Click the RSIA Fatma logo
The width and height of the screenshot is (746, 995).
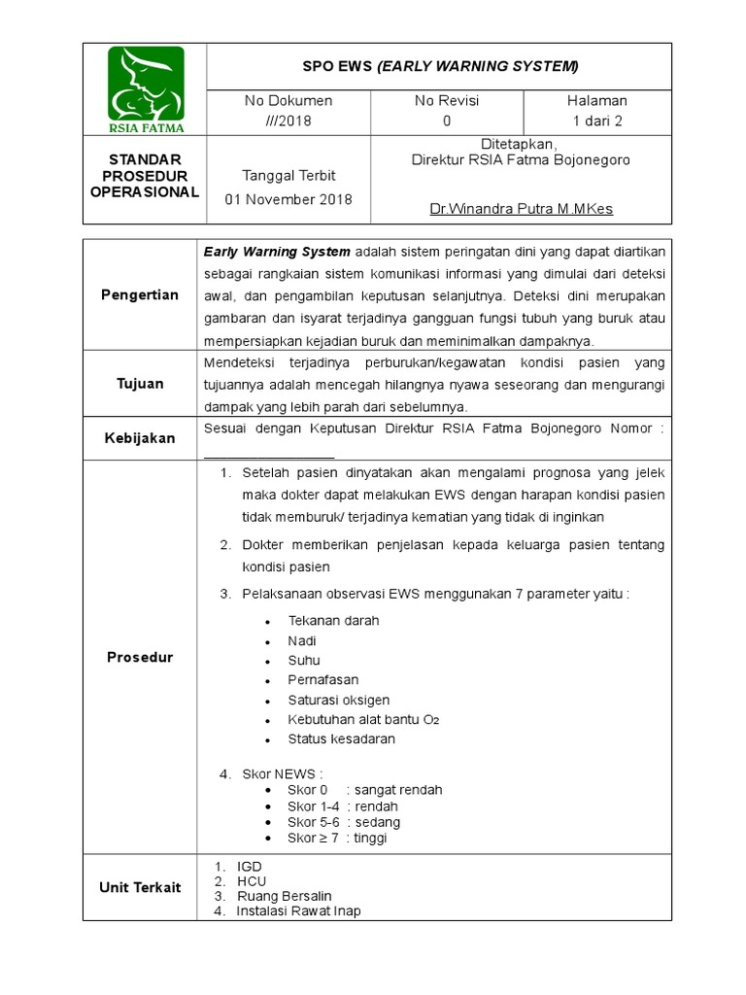[x=145, y=89]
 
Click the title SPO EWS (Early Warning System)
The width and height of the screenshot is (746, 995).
[x=440, y=66]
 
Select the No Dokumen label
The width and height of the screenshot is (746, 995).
[x=288, y=101]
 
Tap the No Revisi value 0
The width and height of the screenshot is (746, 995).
[x=447, y=121]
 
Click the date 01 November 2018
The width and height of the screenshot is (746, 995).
[x=288, y=199]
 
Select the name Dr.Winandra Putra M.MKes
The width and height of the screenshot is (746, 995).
[x=521, y=209]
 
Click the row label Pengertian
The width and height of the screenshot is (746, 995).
[x=140, y=294]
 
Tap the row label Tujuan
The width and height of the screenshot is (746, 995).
[x=140, y=384]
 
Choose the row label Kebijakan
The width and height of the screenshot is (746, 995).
[x=140, y=438]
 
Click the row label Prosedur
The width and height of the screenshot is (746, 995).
[x=140, y=658]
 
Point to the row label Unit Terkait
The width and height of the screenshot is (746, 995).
[x=140, y=887]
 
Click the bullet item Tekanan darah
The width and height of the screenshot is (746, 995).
[x=333, y=620]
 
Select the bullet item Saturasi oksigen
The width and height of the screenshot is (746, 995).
[x=338, y=700]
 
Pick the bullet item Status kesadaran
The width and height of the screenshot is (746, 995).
[x=341, y=738]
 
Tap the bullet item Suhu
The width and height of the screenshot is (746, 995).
[x=304, y=661]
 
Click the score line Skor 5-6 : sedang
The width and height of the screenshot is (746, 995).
[x=343, y=822]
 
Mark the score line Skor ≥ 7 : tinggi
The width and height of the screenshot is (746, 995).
[x=336, y=839]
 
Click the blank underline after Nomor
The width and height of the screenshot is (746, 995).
[x=269, y=454]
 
